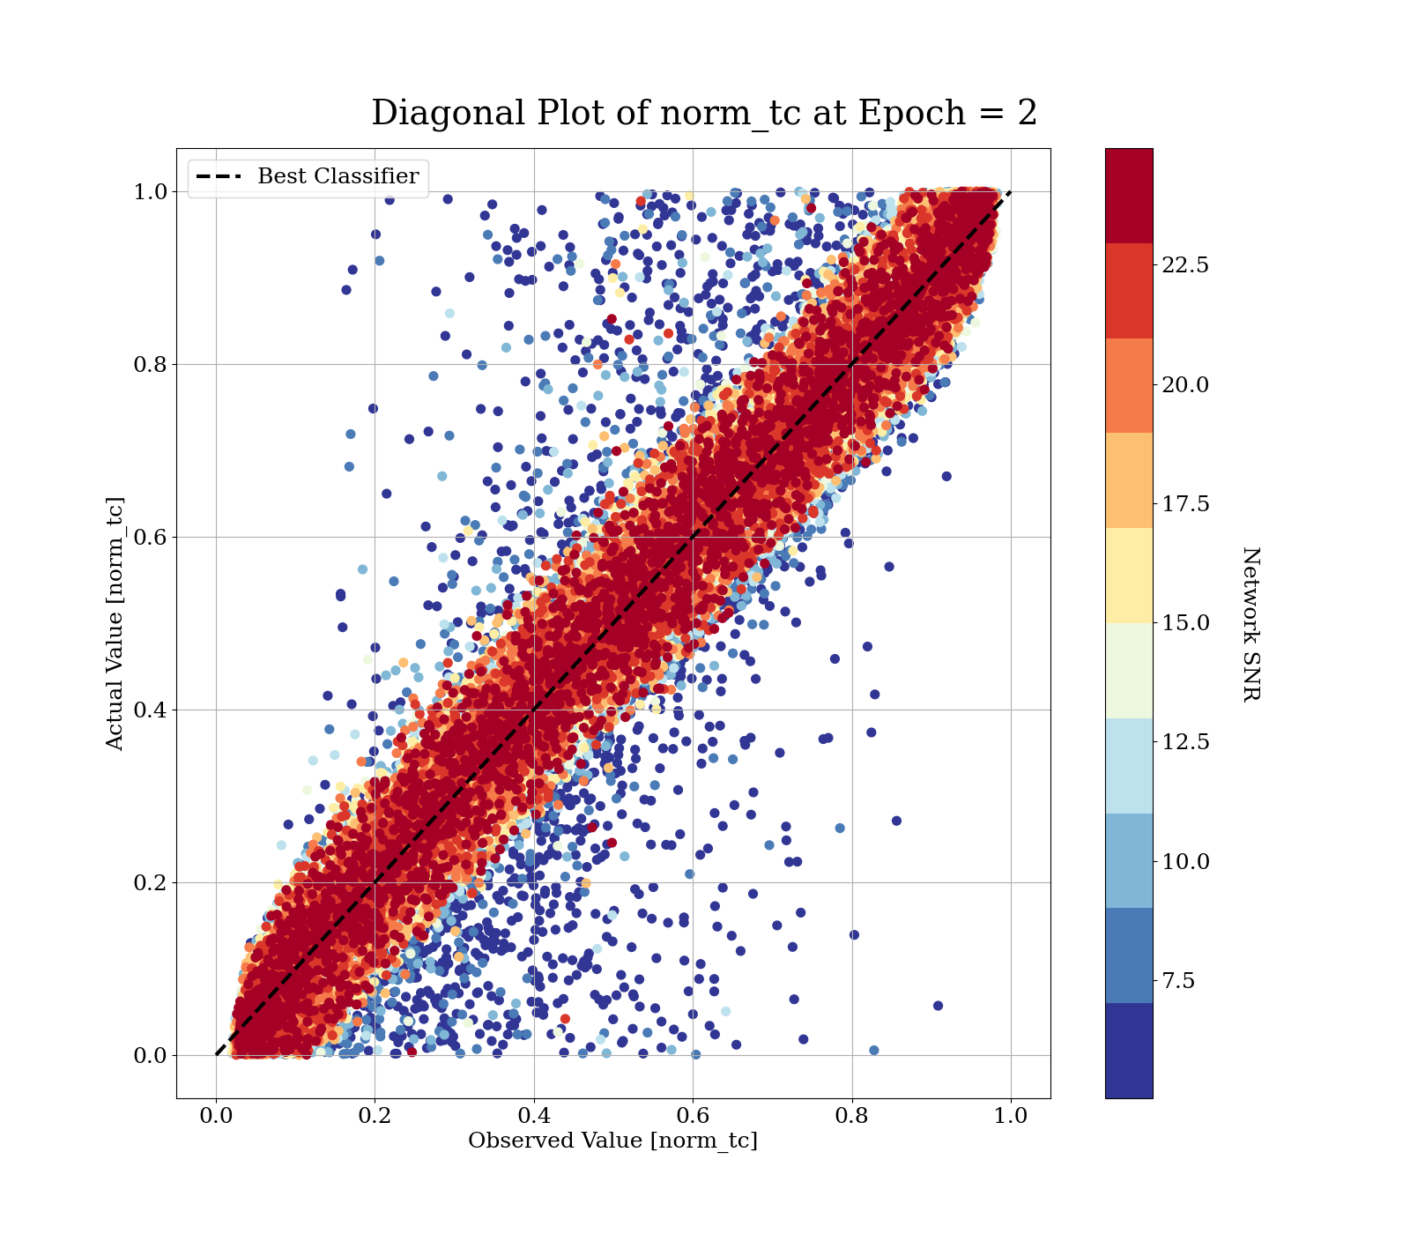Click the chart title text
703,114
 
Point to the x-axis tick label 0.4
534,1116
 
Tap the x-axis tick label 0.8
851,1116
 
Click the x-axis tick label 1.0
1011,1116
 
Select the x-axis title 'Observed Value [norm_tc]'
612,1141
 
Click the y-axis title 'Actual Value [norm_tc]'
115,624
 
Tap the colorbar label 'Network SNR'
1250,624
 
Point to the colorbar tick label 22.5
1185,265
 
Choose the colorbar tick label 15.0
1185,623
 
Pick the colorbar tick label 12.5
1185,742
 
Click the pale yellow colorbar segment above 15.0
1129,576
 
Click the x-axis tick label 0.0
216,1116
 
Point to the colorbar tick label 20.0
1185,385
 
